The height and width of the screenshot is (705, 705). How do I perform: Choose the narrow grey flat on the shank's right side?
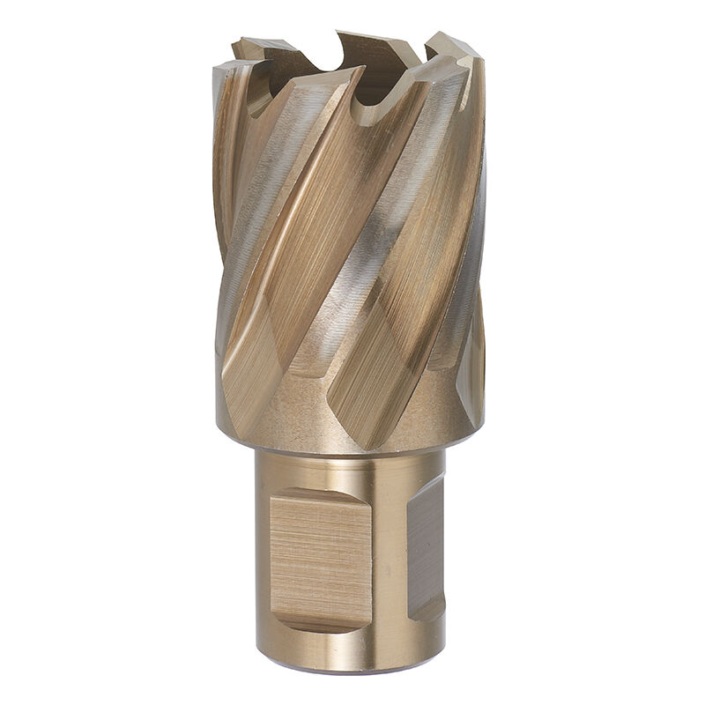(425, 546)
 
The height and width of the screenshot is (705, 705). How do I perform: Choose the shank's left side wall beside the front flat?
(261, 555)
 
